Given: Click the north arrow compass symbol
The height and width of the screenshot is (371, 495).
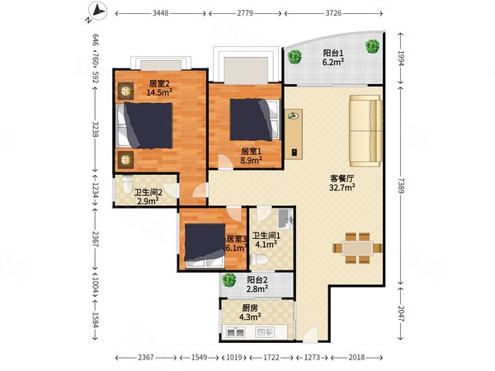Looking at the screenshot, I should click(97, 12).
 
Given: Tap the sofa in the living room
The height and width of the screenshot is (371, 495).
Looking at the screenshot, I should click(364, 130).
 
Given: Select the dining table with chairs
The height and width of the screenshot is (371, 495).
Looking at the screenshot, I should click(357, 248).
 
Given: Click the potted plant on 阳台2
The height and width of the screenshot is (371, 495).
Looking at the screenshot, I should click(229, 279).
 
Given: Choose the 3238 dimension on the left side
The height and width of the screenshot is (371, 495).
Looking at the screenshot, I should click(97, 130).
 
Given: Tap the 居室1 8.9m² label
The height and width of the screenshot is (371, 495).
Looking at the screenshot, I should click(252, 157).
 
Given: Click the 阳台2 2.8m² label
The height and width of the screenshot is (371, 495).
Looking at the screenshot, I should click(259, 284).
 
